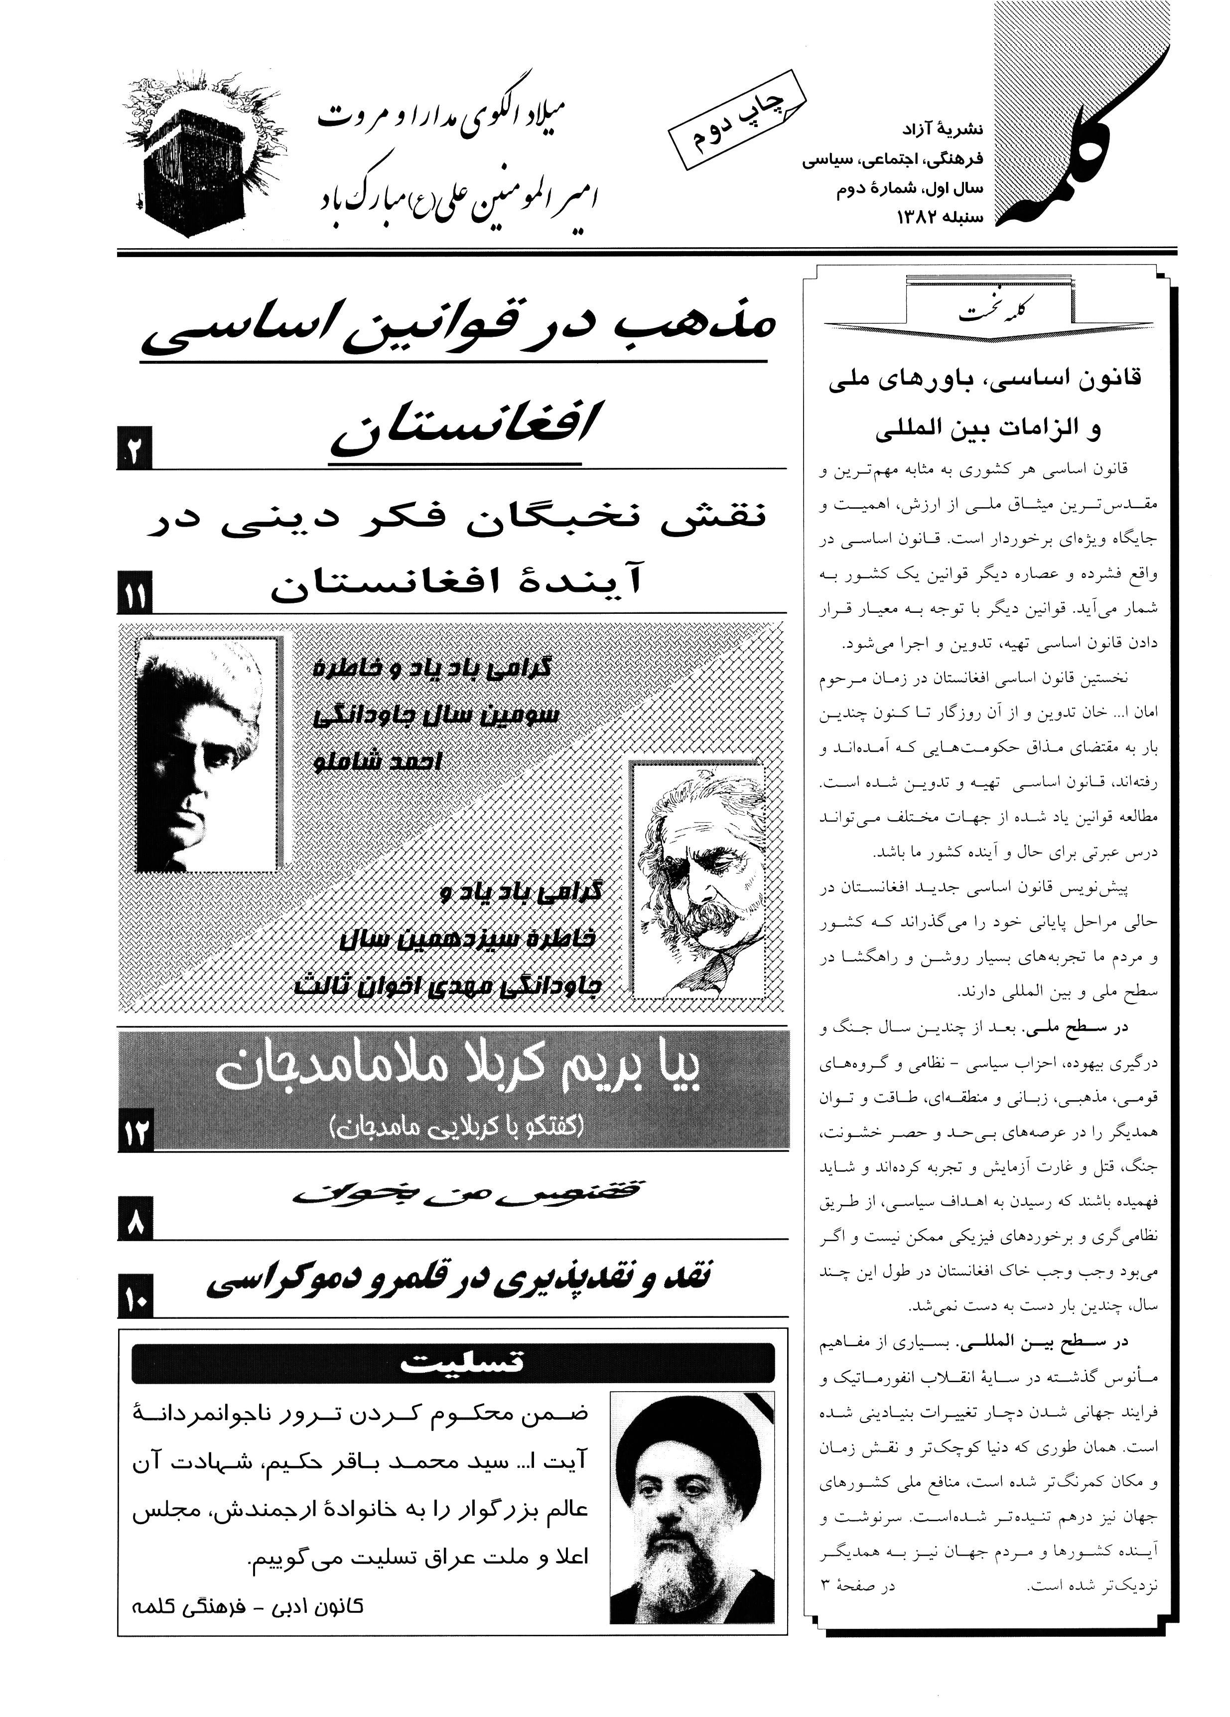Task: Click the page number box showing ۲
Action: [x=136, y=449]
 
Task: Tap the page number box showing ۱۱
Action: [x=136, y=596]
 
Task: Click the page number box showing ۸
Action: [x=136, y=1219]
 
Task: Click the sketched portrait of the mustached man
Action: [x=696, y=880]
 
